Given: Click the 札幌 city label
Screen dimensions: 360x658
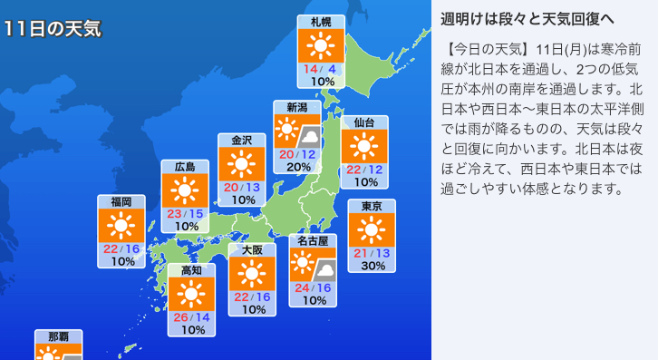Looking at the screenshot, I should point(321,22).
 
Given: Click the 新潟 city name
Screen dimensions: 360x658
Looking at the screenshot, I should point(297,107).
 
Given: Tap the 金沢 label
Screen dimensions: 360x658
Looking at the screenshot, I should point(241,140).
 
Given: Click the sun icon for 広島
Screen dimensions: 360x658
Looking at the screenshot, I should point(185,190).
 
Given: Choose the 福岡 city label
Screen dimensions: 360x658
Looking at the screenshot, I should point(121,201).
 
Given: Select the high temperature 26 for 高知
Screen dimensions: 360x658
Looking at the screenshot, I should point(180,316).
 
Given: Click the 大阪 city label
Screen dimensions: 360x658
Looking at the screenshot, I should point(252,249).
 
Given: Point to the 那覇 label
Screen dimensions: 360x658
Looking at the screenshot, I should point(58,336).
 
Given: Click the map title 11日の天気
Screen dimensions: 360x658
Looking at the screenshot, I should point(51,29).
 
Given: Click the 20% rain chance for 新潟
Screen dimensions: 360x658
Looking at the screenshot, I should point(298,167).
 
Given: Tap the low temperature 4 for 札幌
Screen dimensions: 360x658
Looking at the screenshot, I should point(333,69).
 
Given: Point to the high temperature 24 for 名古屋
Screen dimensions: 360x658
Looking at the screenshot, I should point(302,287).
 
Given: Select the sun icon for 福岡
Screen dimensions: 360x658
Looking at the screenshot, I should point(121,228).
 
